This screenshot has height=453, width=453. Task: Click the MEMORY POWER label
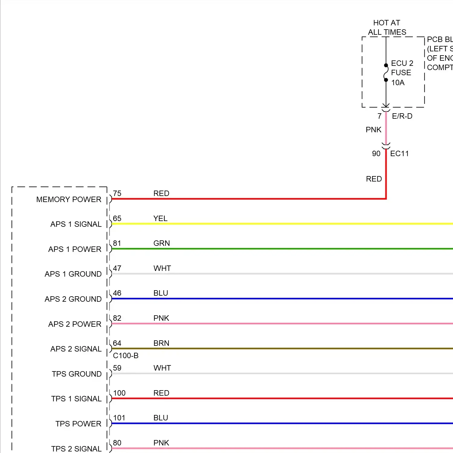(x=69, y=200)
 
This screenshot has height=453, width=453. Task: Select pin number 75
(x=117, y=194)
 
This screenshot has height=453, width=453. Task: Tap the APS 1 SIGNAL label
(x=76, y=224)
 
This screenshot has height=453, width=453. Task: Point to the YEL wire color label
(x=160, y=219)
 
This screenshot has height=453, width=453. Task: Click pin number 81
(x=117, y=243)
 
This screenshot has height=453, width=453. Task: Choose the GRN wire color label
(x=162, y=243)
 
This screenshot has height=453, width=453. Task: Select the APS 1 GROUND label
(x=73, y=274)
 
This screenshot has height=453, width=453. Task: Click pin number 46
(x=117, y=293)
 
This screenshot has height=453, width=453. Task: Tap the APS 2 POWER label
(x=75, y=324)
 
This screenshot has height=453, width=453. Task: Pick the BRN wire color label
(x=161, y=343)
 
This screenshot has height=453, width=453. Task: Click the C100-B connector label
(x=126, y=356)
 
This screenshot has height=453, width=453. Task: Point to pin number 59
(x=117, y=368)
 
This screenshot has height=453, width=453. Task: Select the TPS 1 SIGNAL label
(x=76, y=399)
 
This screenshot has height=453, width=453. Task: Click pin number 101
(x=119, y=418)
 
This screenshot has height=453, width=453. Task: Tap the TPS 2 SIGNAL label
(x=76, y=449)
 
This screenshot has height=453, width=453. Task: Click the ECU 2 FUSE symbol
(x=386, y=73)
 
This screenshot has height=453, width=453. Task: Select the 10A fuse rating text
(x=398, y=83)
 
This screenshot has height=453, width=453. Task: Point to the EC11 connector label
(x=399, y=154)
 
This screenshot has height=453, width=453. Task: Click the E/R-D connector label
(x=402, y=116)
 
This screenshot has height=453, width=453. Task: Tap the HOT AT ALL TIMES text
(x=387, y=27)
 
